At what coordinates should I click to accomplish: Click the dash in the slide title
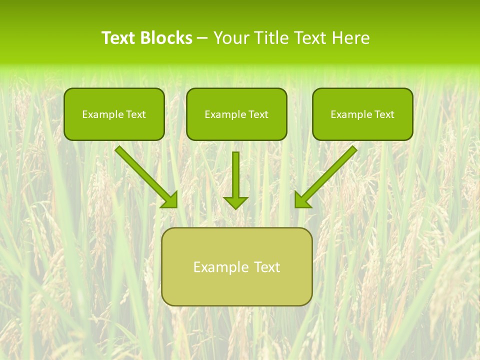(202, 38)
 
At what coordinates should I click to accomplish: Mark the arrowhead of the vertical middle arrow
(235, 202)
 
